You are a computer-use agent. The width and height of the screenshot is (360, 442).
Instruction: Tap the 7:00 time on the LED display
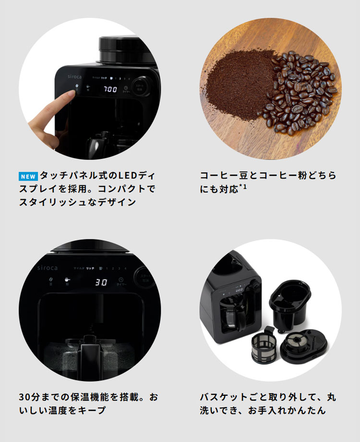pyautogui.click(x=110, y=90)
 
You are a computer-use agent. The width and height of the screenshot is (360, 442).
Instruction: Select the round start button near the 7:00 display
pyautogui.click(x=140, y=86)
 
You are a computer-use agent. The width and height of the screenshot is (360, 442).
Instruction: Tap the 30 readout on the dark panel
pyautogui.click(x=100, y=282)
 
